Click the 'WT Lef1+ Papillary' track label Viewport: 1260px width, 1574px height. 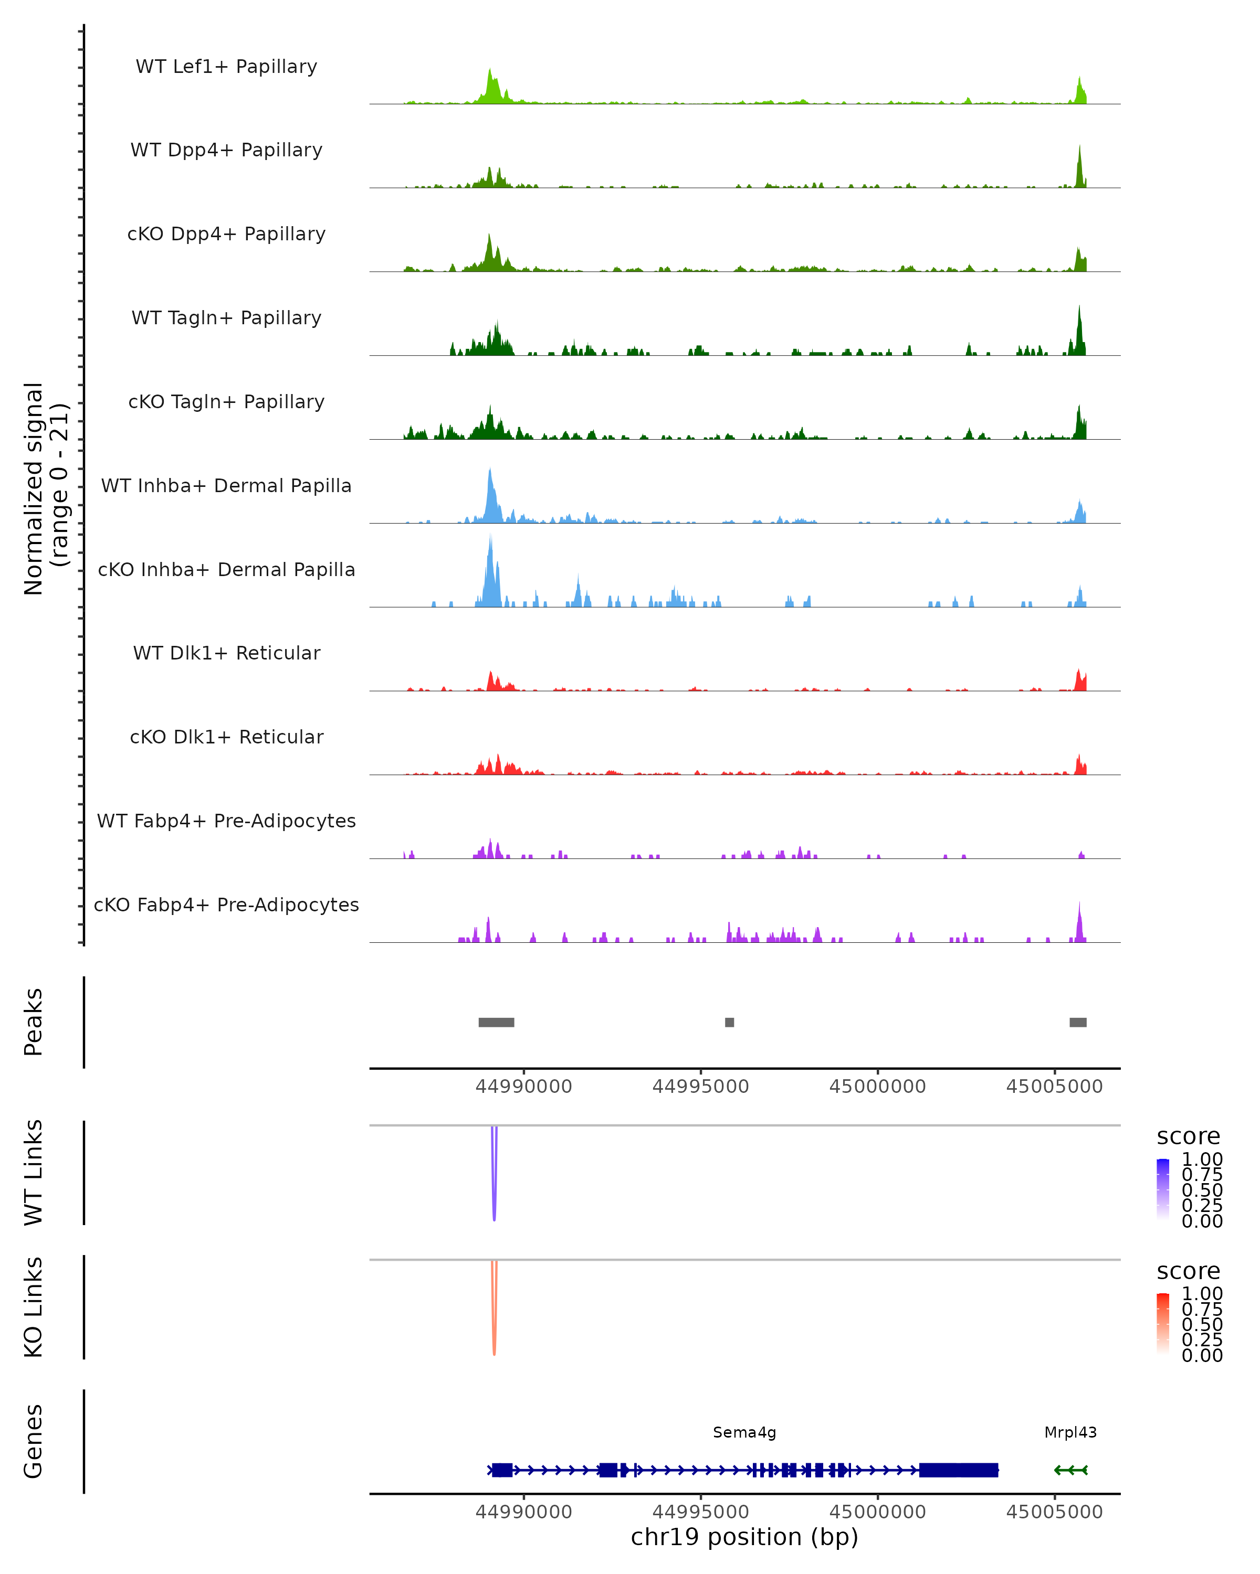[x=226, y=67]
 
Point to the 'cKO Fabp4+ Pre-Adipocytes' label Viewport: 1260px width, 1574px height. [x=226, y=905]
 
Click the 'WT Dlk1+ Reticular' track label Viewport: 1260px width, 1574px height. [x=226, y=653]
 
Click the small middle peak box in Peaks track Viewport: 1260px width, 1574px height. [x=729, y=1022]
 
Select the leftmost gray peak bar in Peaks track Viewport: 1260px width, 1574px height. [x=496, y=1022]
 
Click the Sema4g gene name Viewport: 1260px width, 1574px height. [x=744, y=1432]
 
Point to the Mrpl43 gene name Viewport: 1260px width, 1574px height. [x=1070, y=1432]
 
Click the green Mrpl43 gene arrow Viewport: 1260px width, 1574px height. [x=1071, y=1470]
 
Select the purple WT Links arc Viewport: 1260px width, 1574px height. [x=495, y=1197]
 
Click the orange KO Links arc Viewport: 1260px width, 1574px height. [x=495, y=1332]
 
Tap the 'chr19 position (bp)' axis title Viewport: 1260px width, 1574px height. [x=744, y=1537]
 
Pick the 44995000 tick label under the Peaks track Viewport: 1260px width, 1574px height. [x=700, y=1087]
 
